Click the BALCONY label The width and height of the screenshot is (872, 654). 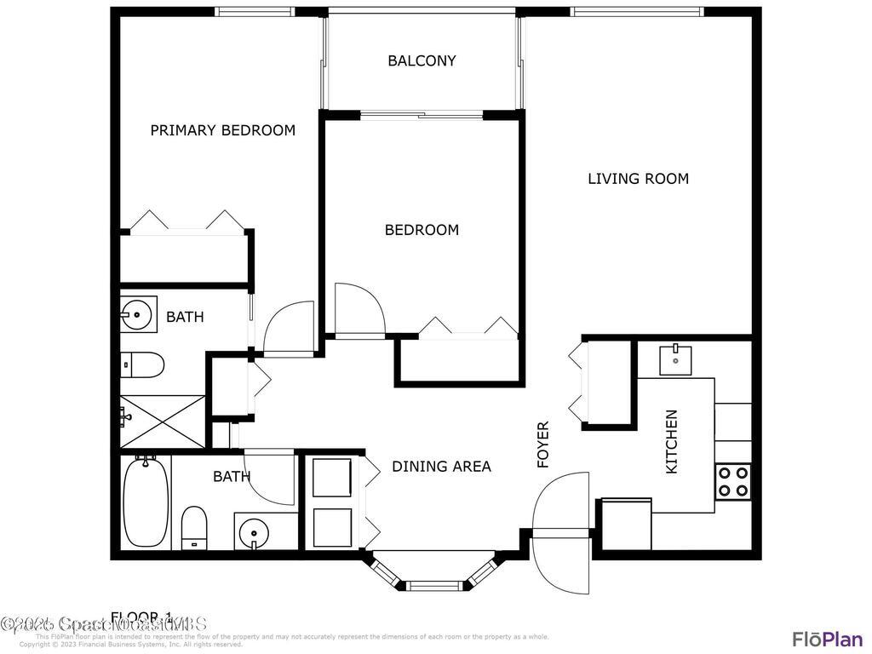[422, 60]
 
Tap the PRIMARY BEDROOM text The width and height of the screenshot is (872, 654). [222, 130]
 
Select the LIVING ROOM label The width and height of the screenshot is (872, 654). [638, 179]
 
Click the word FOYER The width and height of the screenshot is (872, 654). [543, 445]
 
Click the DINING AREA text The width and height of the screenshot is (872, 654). [441, 467]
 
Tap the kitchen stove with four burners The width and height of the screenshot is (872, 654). [732, 481]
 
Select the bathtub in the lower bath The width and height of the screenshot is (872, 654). [146, 502]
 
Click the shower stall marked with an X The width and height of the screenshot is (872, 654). [162, 421]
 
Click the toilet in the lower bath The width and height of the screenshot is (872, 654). [194, 528]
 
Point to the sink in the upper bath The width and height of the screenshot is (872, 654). [136, 314]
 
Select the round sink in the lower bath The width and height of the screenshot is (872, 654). [253, 533]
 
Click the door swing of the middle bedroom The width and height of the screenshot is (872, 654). [359, 309]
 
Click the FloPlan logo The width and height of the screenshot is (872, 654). [826, 639]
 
